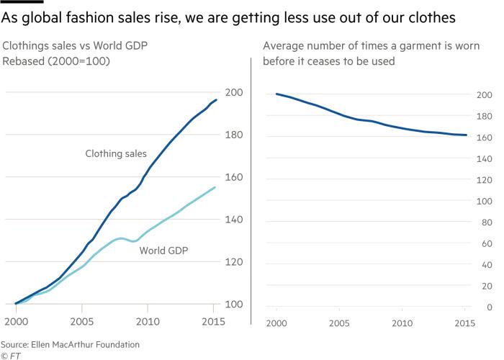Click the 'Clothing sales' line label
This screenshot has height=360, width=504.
[x=116, y=153]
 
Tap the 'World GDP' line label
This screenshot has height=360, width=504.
[x=163, y=251]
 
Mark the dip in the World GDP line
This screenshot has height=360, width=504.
[x=132, y=241]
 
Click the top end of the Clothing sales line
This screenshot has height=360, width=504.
[x=216, y=100]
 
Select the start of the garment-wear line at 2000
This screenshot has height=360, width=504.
[x=277, y=94]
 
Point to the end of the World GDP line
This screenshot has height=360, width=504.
[x=215, y=187]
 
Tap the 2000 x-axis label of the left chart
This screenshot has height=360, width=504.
[x=16, y=320]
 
